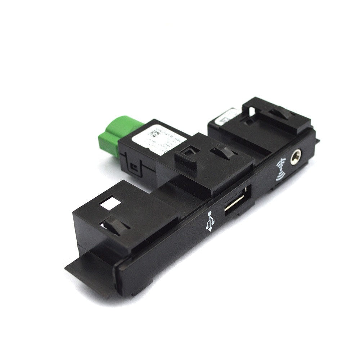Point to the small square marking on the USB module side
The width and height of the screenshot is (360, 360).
[134, 166]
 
